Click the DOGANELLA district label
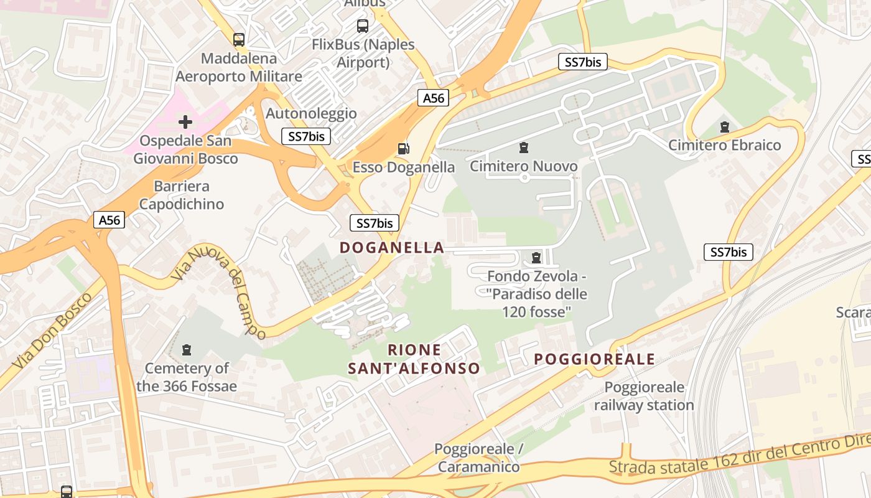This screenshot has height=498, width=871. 392,248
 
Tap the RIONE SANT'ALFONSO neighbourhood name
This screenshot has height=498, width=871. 414,359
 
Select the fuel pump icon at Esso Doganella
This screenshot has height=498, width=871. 404,149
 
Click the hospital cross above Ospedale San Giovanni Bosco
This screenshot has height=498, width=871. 185,122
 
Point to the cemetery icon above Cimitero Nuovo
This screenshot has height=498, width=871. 524,148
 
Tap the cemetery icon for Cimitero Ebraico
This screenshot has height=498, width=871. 724,127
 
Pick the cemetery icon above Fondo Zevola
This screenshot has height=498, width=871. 536,257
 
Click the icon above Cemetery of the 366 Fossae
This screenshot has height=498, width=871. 187,350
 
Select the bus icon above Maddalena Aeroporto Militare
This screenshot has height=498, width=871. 239,40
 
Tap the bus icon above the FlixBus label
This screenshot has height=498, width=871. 363,26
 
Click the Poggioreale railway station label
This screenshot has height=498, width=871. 644,396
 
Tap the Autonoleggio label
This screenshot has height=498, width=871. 311,113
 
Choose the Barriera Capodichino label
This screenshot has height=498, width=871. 182,195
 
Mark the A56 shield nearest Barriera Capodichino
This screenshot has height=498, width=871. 109,220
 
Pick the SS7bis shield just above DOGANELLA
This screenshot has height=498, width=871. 374,223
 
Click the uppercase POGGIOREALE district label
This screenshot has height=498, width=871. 594,359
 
